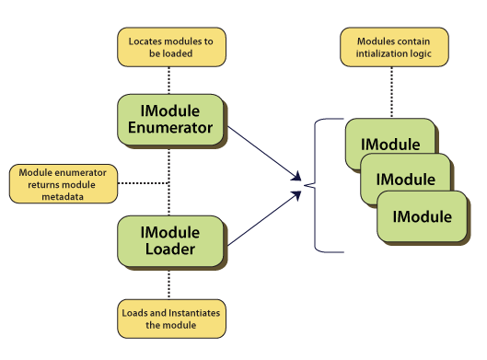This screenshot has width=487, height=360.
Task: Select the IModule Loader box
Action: (170, 240)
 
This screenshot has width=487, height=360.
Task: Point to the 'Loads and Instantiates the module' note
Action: (170, 319)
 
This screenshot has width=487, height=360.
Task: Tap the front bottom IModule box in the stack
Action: (422, 216)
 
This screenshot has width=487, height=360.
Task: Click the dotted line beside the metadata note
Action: (143, 183)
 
